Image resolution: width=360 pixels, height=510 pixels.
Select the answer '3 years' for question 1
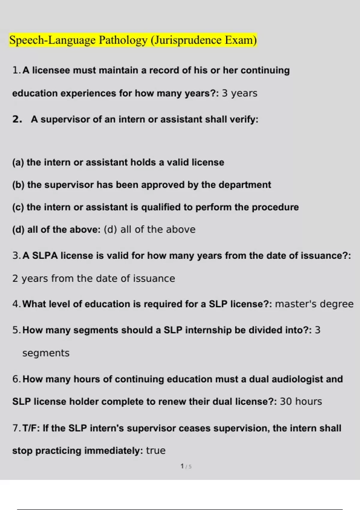[239, 93]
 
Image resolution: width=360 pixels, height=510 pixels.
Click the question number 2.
[17, 119]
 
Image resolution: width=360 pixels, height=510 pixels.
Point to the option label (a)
[18, 162]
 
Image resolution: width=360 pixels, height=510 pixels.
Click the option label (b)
[18, 185]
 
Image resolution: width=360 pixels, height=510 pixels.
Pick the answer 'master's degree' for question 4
[314, 304]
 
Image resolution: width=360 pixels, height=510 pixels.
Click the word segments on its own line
[46, 353]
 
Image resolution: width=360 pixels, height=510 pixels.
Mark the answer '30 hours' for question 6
[301, 401]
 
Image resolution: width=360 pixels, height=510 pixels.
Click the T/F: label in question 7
[31, 428]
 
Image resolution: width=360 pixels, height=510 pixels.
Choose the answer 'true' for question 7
[156, 451]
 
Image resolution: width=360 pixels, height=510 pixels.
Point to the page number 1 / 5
[186, 466]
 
